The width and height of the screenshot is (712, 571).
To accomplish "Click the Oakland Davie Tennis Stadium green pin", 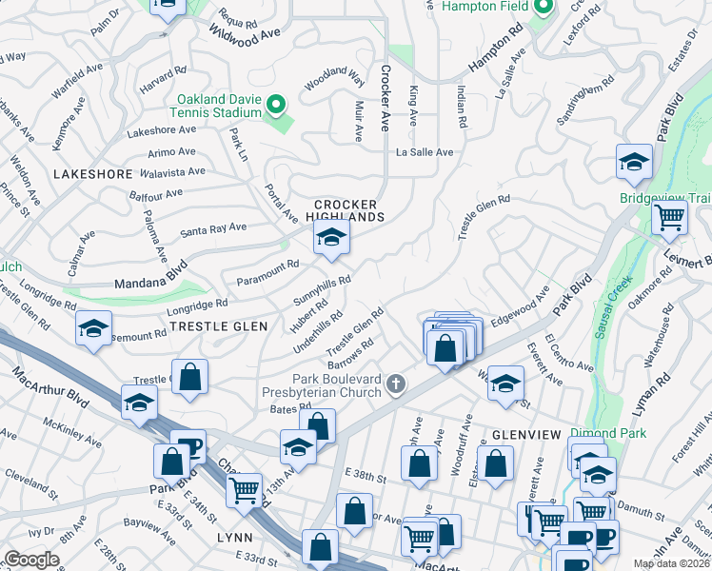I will pyautogui.click(x=276, y=105).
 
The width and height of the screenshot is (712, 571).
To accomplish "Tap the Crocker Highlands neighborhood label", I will pyautogui.click(x=346, y=210).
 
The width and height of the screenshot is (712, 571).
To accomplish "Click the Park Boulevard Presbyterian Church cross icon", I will pyautogui.click(x=396, y=384).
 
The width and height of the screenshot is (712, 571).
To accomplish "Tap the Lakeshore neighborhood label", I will pyautogui.click(x=92, y=174).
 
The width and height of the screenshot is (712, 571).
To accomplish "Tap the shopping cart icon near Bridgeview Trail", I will pyautogui.click(x=669, y=218).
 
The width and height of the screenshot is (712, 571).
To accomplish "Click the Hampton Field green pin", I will pyautogui.click(x=544, y=9).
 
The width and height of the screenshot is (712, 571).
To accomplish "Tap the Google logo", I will pyautogui.click(x=32, y=560).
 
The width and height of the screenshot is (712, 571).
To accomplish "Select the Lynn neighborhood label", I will pyautogui.click(x=235, y=537).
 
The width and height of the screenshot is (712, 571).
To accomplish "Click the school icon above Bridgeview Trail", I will pyautogui.click(x=633, y=164).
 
